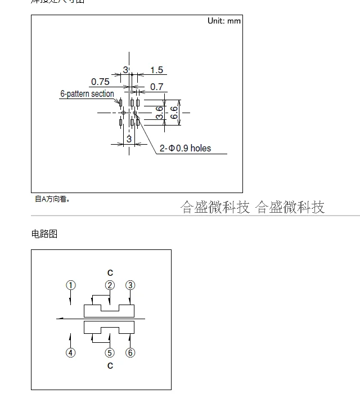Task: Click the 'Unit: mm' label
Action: pyautogui.click(x=224, y=21)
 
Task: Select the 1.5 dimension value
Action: pyautogui.click(x=156, y=70)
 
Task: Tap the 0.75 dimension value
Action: pyautogui.click(x=100, y=82)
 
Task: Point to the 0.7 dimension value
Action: pyautogui.click(x=156, y=87)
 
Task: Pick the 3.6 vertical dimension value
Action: pyautogui.click(x=160, y=113)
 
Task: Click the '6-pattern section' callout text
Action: pyautogui.click(x=87, y=94)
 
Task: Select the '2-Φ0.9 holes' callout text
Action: pyautogui.click(x=186, y=148)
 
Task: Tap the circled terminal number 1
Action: pyautogui.click(x=70, y=285)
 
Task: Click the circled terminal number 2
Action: pyautogui.click(x=110, y=285)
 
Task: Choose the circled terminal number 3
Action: pyautogui.click(x=130, y=285)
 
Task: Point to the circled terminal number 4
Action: pyautogui.click(x=70, y=353)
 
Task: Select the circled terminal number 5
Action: pyautogui.click(x=110, y=353)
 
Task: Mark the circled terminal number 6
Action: pyautogui.click(x=130, y=353)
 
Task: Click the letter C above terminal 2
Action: pyautogui.click(x=110, y=273)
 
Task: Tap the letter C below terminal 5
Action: pyautogui.click(x=110, y=366)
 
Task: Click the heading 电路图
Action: pyautogui.click(x=44, y=234)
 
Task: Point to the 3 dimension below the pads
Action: pyautogui.click(x=129, y=138)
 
